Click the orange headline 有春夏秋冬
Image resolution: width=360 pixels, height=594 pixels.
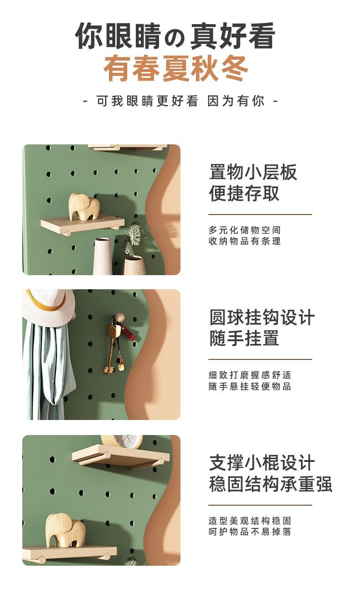click(x=175, y=68)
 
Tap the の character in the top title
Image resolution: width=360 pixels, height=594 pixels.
click(x=175, y=38)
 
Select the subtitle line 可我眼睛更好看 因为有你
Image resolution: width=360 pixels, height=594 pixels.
click(x=180, y=101)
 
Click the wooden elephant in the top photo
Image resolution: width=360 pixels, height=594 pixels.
click(x=84, y=206)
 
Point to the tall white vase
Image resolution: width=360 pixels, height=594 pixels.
click(x=103, y=256)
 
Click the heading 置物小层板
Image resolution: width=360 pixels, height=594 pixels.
click(x=253, y=172)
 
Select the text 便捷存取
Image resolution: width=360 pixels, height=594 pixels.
click(x=244, y=193)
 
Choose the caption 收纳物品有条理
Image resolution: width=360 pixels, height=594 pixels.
click(x=245, y=241)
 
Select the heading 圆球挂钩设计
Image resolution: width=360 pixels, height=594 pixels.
click(x=262, y=317)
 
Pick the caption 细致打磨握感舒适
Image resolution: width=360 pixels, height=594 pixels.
click(x=250, y=375)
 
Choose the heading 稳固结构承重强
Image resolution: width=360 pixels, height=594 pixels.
click(x=271, y=484)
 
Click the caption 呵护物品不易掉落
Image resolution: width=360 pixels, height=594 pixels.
click(x=250, y=532)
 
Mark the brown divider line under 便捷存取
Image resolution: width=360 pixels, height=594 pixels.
click(x=260, y=214)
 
